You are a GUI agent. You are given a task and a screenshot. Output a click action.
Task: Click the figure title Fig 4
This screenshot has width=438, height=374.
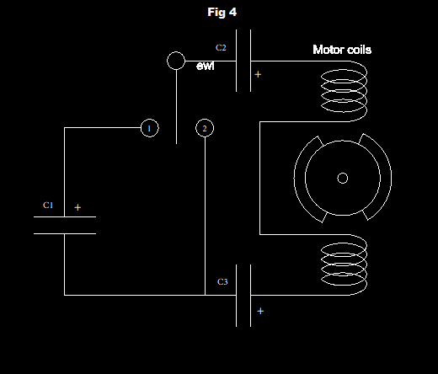pyautogui.click(x=222, y=13)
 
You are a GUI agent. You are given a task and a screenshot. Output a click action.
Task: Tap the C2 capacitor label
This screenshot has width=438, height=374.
pyautogui.click(x=221, y=48)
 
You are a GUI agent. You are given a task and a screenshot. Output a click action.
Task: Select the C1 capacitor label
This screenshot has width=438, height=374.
pyautogui.click(x=48, y=206)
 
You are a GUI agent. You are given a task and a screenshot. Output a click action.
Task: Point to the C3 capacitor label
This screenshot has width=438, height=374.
pyautogui.click(x=222, y=281)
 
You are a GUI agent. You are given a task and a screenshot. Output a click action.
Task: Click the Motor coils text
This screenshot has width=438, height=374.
pyautogui.click(x=342, y=50)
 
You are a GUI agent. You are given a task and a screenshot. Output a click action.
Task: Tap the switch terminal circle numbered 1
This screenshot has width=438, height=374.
pyautogui.click(x=150, y=128)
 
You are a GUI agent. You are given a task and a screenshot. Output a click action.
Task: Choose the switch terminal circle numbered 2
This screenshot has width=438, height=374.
pyautogui.click(x=205, y=128)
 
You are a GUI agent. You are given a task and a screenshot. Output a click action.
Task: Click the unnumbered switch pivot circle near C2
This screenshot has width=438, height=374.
pyautogui.click(x=176, y=61)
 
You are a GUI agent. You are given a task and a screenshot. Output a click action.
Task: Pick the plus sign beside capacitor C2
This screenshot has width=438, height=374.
pyautogui.click(x=258, y=74)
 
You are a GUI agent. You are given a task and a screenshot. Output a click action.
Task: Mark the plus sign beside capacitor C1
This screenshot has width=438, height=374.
pyautogui.click(x=77, y=207)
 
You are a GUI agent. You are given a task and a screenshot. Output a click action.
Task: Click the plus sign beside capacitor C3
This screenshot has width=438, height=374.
pyautogui.click(x=260, y=311)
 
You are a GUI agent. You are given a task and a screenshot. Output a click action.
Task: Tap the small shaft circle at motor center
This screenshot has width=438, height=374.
pyautogui.click(x=343, y=178)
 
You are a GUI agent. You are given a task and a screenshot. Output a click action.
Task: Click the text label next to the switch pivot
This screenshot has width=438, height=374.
pyautogui.click(x=206, y=66)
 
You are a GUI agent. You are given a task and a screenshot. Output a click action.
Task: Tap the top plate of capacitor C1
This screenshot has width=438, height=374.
pyautogui.click(x=65, y=216)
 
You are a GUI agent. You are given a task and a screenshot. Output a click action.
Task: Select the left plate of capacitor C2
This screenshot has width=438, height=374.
pyautogui.click(x=237, y=61)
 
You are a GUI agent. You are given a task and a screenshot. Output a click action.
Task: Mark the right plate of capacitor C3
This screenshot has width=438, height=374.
pyautogui.click(x=250, y=296)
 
